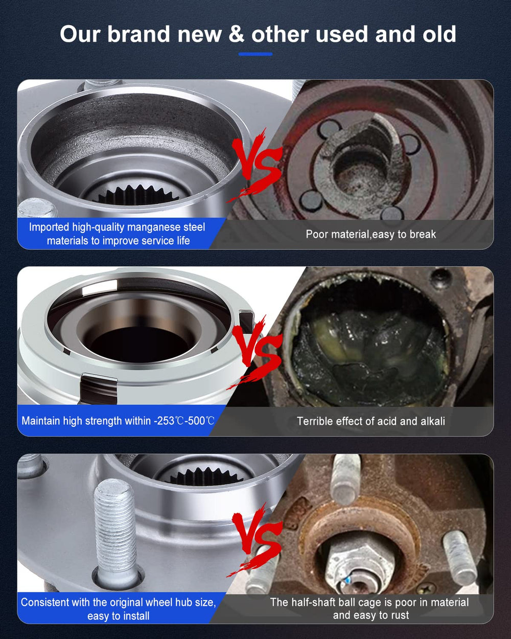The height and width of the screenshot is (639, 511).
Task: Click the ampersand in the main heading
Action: pyautogui.click(x=237, y=34)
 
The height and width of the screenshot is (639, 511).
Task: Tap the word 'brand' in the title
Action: pyautogui.click(x=138, y=34)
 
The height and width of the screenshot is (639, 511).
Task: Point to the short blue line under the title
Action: pyautogui.click(x=255, y=54)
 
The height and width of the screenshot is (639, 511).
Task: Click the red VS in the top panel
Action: pyautogui.click(x=254, y=165)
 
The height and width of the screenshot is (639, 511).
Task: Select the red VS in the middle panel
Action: pyautogui.click(x=254, y=352)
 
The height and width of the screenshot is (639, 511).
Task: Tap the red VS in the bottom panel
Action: pyautogui.click(x=254, y=539)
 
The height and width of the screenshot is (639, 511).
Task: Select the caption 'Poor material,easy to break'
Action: pyautogui.click(x=371, y=234)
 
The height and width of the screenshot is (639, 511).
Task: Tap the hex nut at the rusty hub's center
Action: pyautogui.click(x=360, y=567)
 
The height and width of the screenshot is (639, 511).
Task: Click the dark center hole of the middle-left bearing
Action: pyautogui.click(x=139, y=344)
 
